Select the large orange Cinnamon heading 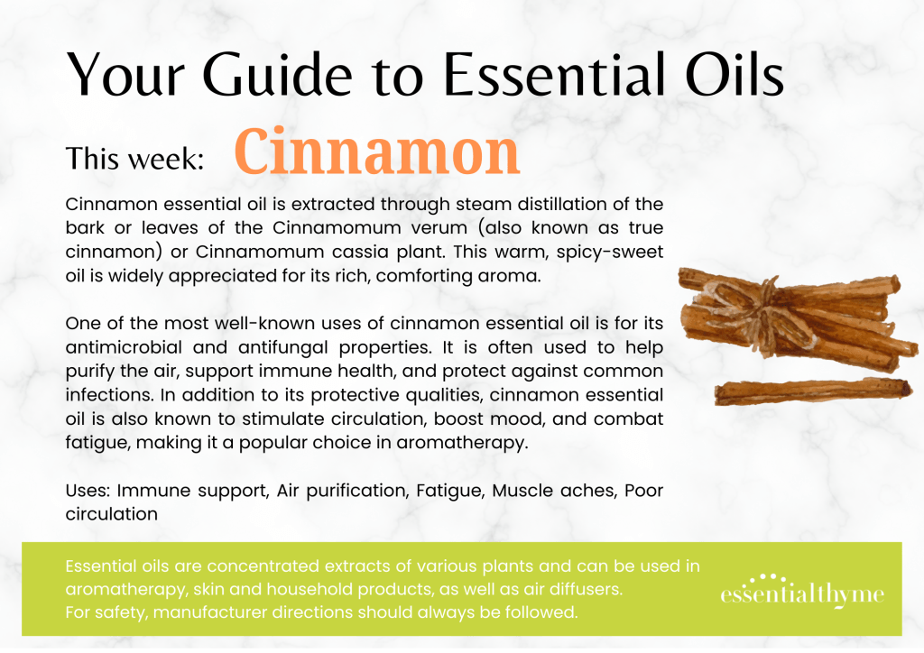pos(377,152)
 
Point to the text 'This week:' pos(135,159)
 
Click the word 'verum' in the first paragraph pos(439,228)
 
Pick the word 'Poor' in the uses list pos(643,491)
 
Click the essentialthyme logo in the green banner pos(802,591)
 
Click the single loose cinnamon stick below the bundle pos(813,391)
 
